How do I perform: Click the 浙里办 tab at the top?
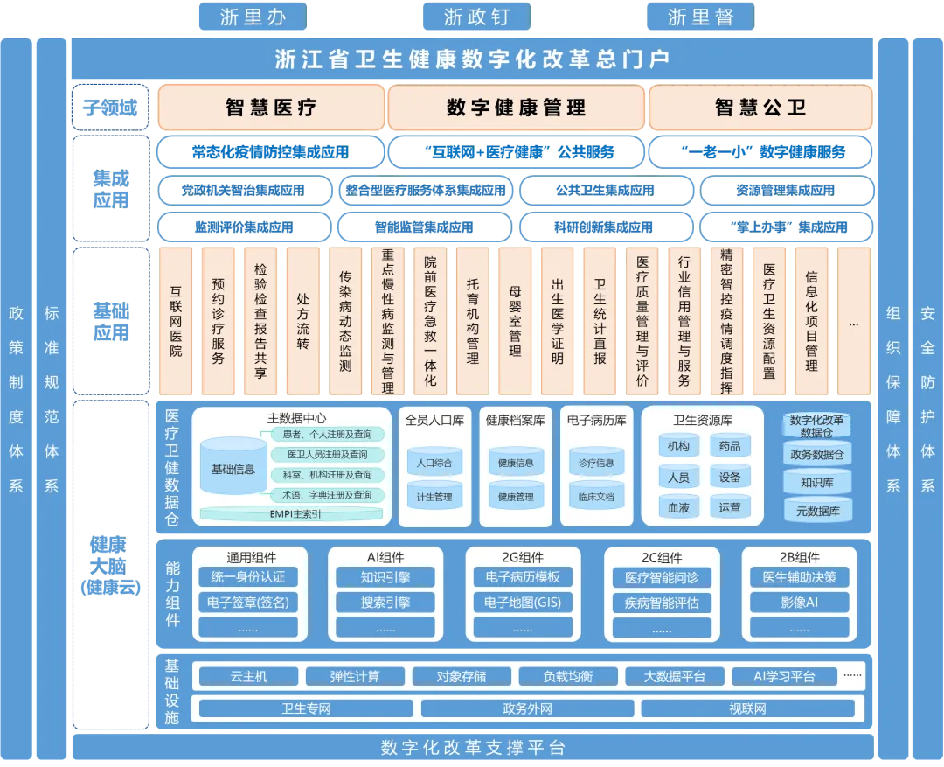pos(253,17)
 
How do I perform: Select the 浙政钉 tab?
pos(476,17)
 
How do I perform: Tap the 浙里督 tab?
pos(699,17)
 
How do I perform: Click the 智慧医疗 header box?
pos(270,108)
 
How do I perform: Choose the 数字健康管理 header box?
pos(516,108)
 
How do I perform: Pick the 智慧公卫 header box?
pos(760,108)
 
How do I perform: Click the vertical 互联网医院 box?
pos(176,321)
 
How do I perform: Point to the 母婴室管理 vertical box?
pos(515,321)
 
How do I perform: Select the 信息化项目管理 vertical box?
pos(811,321)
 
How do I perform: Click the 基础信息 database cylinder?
pos(233,470)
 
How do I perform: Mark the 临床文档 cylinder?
pos(596,497)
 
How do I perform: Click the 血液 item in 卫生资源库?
pos(678,507)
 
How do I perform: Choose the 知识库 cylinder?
pos(817,482)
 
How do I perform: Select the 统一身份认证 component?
pos(249,577)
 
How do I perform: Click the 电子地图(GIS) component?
pos(523,603)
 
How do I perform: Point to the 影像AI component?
pos(799,603)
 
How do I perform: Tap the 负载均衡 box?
pos(567,676)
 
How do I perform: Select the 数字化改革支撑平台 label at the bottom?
pos(473,748)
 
